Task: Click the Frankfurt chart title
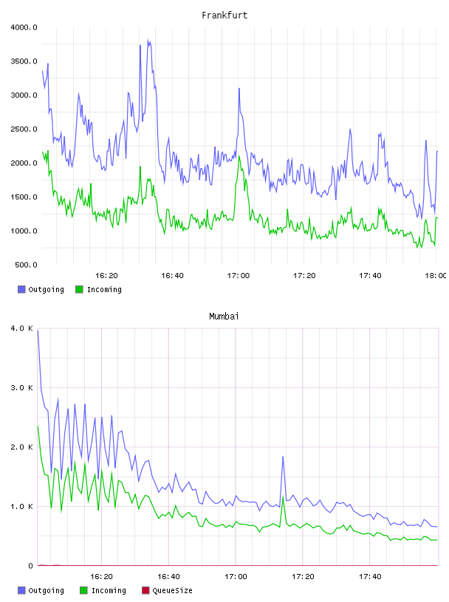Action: [x=224, y=15]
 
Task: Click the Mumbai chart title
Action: [x=224, y=316]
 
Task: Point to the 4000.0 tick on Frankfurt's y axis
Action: [x=24, y=27]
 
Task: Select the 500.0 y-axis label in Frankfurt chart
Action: [x=26, y=265]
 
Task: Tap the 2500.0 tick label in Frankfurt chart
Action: [x=24, y=129]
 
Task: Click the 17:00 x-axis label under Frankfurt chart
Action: [x=239, y=276]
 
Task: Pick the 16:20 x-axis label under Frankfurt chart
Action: [x=106, y=276]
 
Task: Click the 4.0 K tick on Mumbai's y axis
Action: [x=21, y=328]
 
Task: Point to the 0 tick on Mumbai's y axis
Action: [x=31, y=566]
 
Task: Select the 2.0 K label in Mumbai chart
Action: [x=21, y=447]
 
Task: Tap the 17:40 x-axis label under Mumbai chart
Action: [x=370, y=577]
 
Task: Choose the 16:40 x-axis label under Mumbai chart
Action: [x=168, y=577]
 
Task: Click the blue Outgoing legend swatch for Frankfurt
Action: [x=21, y=289]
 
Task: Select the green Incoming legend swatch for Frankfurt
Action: [x=79, y=289]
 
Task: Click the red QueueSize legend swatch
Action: [x=145, y=590]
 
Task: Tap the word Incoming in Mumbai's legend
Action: [x=109, y=590]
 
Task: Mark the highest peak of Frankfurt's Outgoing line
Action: [x=148, y=40]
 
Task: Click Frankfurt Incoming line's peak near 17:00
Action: [x=239, y=156]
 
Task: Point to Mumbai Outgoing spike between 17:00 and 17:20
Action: [x=283, y=457]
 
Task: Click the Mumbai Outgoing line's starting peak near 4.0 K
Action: [x=38, y=331]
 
